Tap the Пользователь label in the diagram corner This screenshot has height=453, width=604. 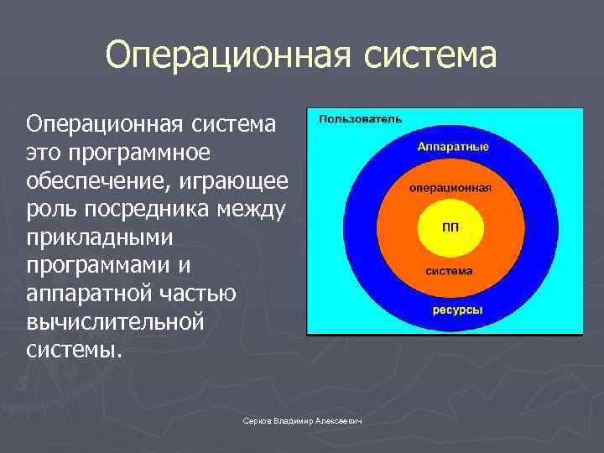pos(360,119)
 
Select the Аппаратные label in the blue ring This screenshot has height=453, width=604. pos(453,147)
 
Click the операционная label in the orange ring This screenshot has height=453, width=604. pos(450,189)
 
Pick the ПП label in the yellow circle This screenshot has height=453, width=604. pos(450,228)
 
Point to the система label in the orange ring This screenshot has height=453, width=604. pos(450,271)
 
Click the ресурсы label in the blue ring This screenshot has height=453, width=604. pos(457,310)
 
